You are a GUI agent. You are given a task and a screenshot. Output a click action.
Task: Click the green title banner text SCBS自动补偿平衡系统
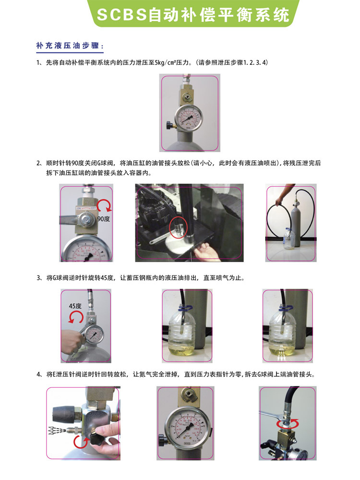point(193,14)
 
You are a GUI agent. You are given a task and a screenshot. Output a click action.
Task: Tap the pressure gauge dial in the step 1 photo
point(189,117)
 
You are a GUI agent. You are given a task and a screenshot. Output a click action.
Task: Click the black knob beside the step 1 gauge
point(169,125)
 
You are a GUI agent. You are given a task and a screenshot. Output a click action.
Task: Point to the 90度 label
point(104,219)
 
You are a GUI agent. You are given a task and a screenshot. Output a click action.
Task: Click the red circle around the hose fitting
point(178,227)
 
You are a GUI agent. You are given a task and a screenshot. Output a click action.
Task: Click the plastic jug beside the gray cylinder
point(288,239)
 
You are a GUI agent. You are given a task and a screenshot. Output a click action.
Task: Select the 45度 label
point(75,306)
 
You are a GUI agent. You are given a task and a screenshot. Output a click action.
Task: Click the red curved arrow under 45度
point(76,317)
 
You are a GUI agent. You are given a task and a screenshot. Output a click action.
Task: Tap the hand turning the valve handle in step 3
point(73,340)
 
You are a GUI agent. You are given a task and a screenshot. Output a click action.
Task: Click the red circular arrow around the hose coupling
point(287,424)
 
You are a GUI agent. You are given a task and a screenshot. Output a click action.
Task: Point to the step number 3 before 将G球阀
point(38,278)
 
